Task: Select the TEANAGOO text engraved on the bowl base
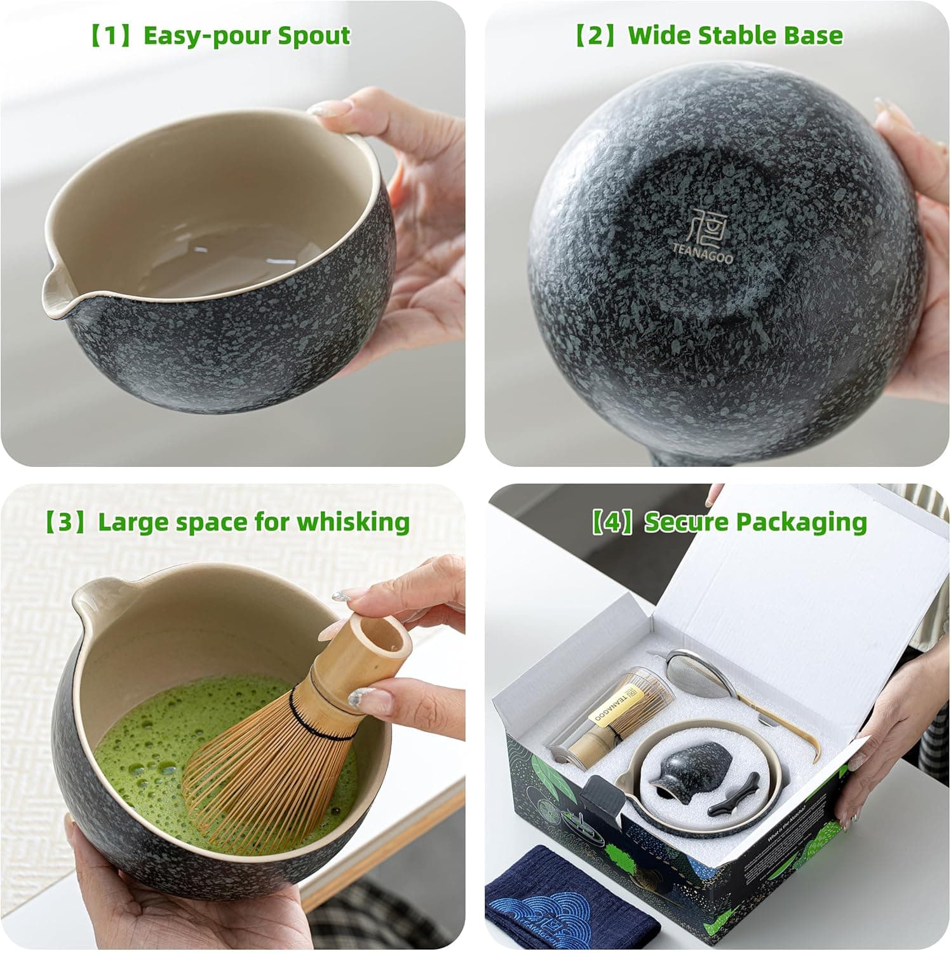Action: (x=703, y=252)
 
